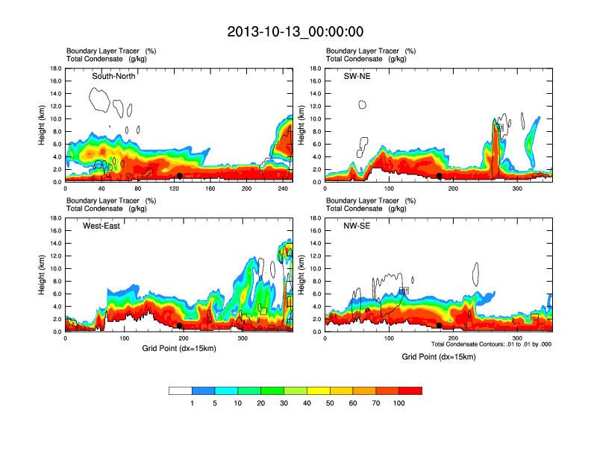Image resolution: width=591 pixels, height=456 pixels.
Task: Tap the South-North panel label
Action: [113, 76]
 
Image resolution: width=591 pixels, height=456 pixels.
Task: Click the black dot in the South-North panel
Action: [179, 176]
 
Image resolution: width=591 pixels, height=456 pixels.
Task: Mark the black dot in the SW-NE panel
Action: [440, 176]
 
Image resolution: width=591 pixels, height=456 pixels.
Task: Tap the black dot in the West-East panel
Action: [180, 326]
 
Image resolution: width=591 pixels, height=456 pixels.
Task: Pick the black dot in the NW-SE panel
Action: [440, 326]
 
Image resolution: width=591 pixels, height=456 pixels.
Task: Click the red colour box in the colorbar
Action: [410, 390]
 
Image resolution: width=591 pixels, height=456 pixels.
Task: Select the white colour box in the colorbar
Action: [181, 390]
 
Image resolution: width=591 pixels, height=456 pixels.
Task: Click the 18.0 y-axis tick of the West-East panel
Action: [54, 218]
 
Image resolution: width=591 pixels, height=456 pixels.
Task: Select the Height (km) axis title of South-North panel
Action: [43, 125]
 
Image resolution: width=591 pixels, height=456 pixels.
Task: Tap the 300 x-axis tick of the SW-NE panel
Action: [516, 189]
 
